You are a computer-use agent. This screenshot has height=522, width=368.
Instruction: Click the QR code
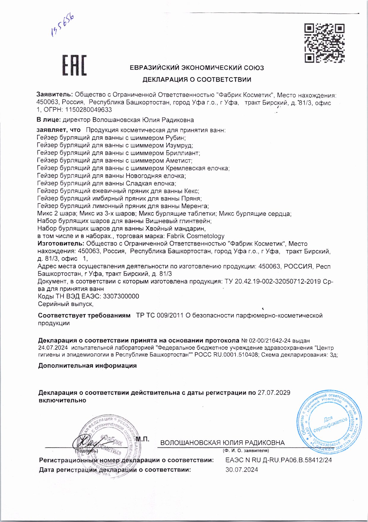324,43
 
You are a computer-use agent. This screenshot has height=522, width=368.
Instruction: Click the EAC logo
74,65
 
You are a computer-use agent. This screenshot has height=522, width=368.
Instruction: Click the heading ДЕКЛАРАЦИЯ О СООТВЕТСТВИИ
197,79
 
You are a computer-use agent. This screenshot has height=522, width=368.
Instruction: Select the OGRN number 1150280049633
88,110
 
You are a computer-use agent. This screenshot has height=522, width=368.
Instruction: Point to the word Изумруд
179,145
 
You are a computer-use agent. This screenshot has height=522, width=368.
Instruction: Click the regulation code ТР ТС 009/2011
160,316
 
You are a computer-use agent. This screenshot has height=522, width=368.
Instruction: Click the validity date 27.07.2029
274,393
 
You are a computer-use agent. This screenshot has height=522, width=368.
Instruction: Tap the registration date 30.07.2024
242,470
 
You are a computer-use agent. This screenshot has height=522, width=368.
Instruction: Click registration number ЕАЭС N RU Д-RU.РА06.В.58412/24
278,460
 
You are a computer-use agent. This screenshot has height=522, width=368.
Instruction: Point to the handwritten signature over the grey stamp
86,443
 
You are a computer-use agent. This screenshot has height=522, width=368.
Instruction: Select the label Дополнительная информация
87,366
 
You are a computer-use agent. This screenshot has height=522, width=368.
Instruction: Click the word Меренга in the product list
195,206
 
